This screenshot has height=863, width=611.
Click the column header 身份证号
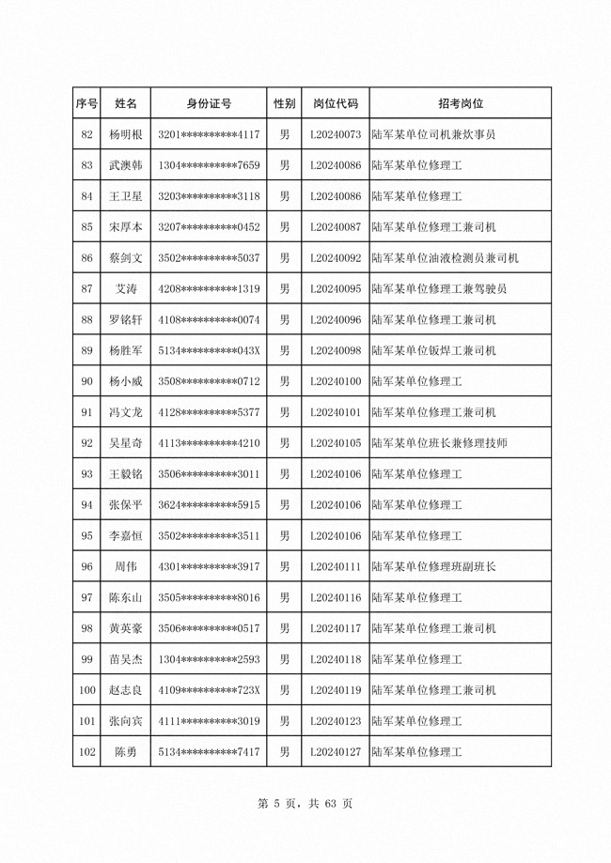pyautogui.click(x=209, y=103)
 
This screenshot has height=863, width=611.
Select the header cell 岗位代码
pyautogui.click(x=336, y=103)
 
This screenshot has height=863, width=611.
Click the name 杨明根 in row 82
pyautogui.click(x=125, y=134)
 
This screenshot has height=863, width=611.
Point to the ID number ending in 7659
pyautogui.click(x=209, y=165)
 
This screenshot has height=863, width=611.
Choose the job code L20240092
pyautogui.click(x=336, y=257)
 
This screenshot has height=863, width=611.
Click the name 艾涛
pyautogui.click(x=125, y=288)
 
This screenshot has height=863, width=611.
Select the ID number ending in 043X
pyautogui.click(x=209, y=350)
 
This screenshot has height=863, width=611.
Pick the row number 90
pyautogui.click(x=87, y=381)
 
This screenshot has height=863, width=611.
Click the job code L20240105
pyautogui.click(x=336, y=443)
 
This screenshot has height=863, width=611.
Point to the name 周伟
pyautogui.click(x=125, y=566)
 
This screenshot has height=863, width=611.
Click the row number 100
pyautogui.click(x=87, y=690)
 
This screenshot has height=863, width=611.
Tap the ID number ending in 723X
pyautogui.click(x=209, y=690)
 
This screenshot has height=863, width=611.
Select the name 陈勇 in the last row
pyautogui.click(x=125, y=752)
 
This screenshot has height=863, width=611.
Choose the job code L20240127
pyautogui.click(x=336, y=752)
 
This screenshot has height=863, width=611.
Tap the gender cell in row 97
pyautogui.click(x=285, y=597)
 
